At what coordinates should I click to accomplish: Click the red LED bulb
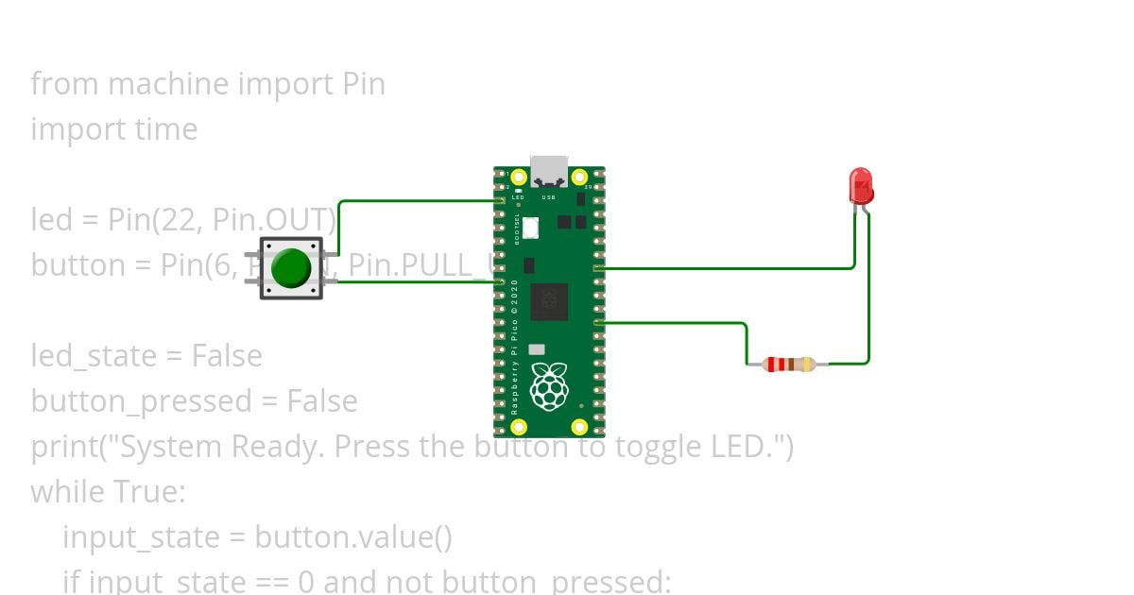(861, 185)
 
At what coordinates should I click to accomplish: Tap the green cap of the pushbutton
(291, 268)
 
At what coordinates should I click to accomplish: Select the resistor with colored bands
(789, 365)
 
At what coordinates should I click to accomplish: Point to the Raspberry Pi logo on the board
(549, 387)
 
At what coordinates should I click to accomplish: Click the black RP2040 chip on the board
(549, 301)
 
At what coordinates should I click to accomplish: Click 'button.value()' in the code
(353, 537)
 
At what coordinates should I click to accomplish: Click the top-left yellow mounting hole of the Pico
(518, 178)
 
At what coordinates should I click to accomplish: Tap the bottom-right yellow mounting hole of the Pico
(580, 428)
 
